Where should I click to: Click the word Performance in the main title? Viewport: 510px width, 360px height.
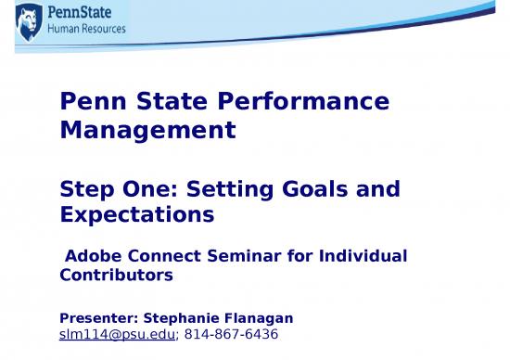312,101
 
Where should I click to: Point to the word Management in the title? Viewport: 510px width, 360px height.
147,132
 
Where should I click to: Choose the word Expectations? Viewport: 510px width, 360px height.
136,215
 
